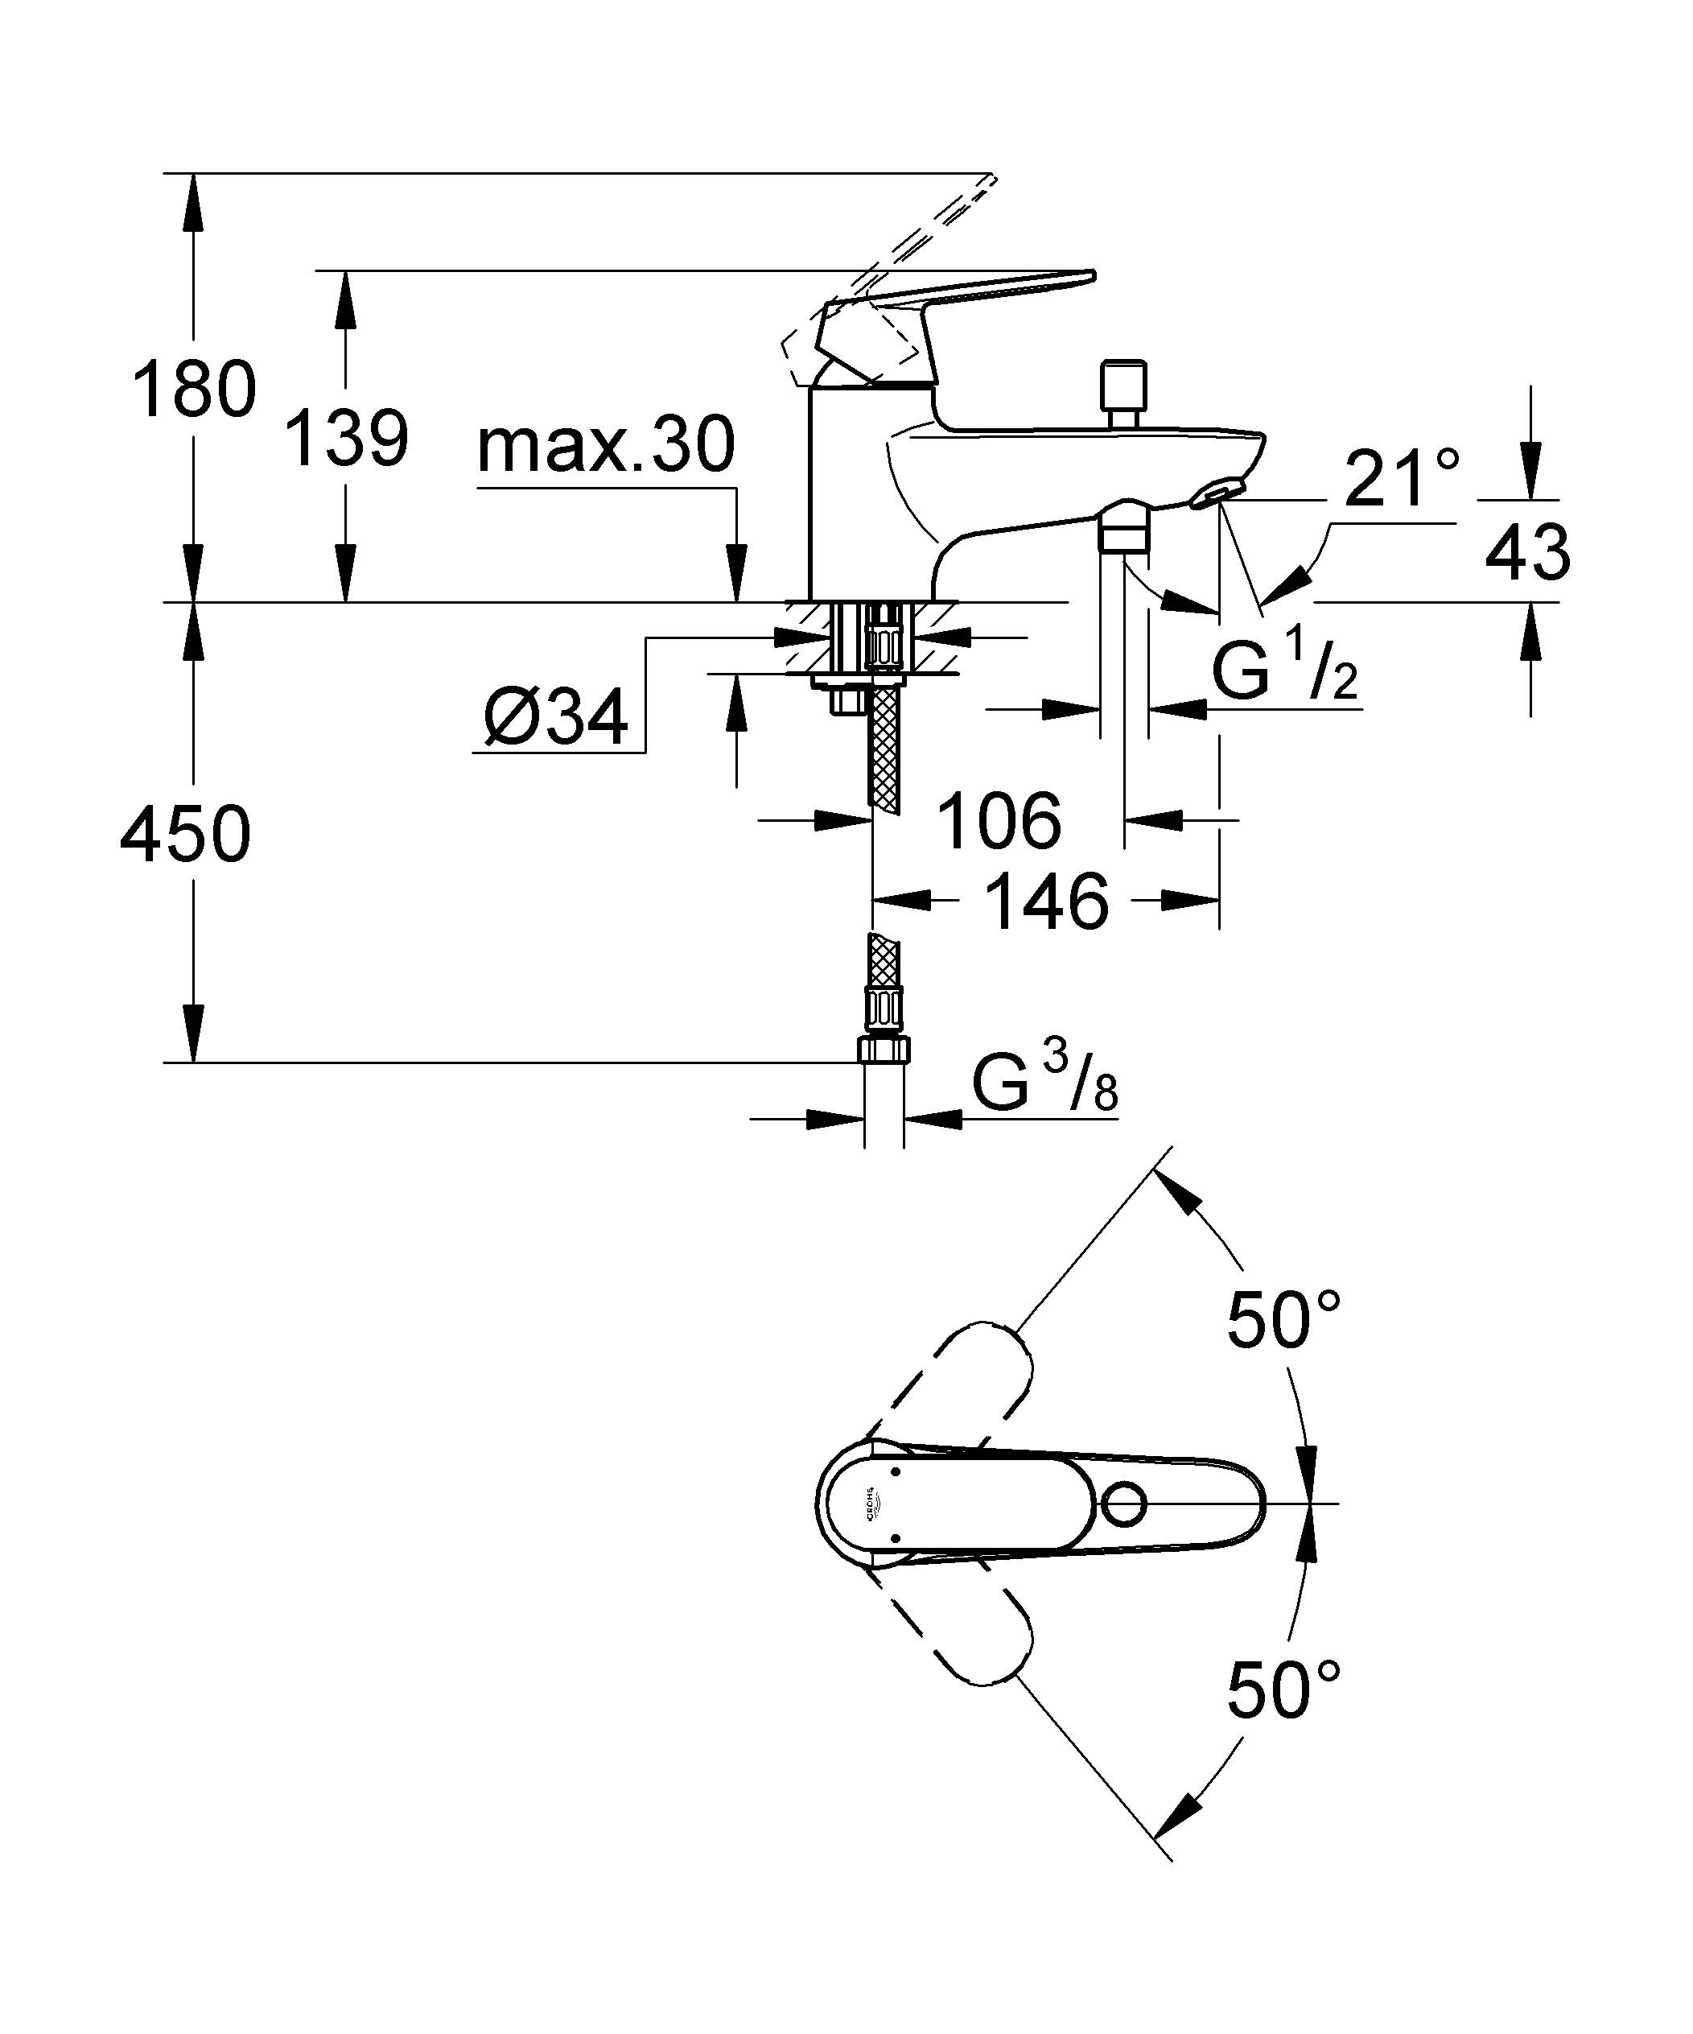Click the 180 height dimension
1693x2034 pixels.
194,390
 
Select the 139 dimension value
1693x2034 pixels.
346,438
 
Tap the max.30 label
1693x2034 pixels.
606,447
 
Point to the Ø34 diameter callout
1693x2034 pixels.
556,719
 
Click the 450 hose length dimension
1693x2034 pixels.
186,834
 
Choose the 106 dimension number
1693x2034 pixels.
999,821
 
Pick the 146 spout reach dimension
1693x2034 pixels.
1046,901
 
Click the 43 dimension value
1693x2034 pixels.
1527,553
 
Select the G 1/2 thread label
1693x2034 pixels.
1283,672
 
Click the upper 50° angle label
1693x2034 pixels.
1283,1319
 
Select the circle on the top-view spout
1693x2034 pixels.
1124,1504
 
